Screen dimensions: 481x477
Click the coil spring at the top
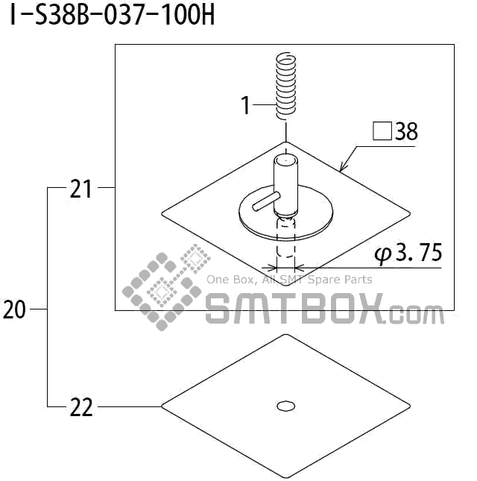click(283, 84)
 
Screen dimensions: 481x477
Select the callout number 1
click(246, 106)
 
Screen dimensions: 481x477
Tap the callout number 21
click(80, 189)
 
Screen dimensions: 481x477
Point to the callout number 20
click(14, 309)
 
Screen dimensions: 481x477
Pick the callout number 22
click(80, 407)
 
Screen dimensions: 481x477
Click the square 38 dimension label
click(395, 133)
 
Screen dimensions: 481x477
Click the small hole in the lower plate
click(285, 406)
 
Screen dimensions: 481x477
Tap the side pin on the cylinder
click(265, 201)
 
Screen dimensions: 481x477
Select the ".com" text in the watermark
click(415, 313)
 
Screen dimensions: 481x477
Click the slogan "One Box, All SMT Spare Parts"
click(289, 280)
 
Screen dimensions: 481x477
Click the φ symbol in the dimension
click(383, 254)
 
